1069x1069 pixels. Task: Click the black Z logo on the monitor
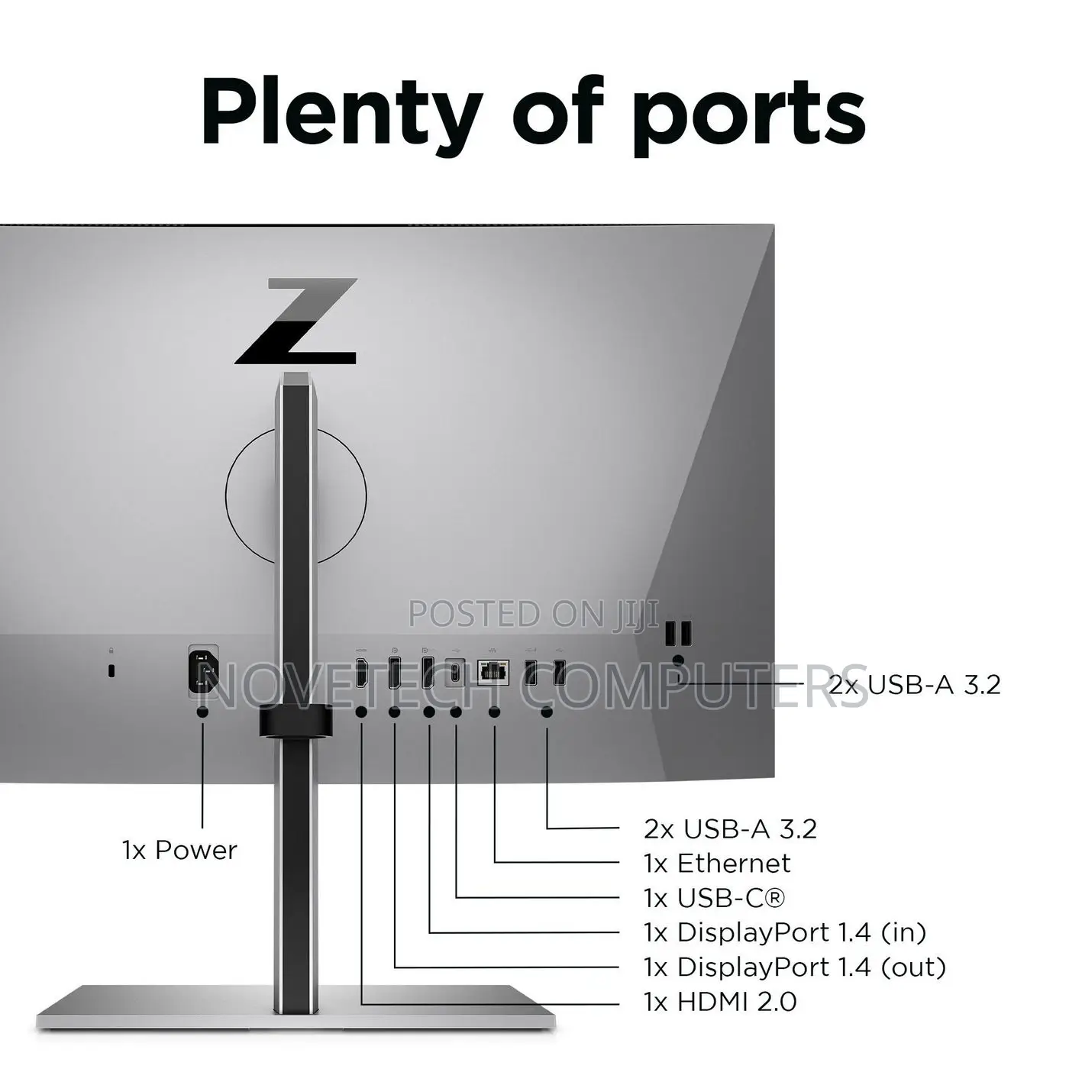click(x=296, y=321)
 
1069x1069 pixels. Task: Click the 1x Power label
click(x=179, y=850)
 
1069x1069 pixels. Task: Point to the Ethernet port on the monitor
click(x=493, y=673)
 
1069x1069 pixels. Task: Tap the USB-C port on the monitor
click(x=455, y=673)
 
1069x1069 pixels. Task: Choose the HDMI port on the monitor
click(x=361, y=673)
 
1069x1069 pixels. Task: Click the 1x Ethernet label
click(x=717, y=863)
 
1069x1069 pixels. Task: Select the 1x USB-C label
click(x=715, y=898)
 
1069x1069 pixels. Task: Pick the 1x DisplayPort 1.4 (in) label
click(x=785, y=932)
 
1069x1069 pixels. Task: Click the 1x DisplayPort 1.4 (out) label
click(x=794, y=967)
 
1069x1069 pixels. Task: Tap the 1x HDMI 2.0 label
click(x=720, y=1003)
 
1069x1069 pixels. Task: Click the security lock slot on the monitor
click(x=111, y=670)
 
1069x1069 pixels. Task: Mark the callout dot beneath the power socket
click(x=202, y=712)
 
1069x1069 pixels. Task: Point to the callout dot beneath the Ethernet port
click(x=494, y=712)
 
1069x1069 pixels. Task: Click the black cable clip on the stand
click(x=296, y=721)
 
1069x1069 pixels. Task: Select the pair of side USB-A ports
click(x=679, y=634)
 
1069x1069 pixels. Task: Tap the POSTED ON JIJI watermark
click(x=534, y=614)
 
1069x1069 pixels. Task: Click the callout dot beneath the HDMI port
click(x=361, y=712)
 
